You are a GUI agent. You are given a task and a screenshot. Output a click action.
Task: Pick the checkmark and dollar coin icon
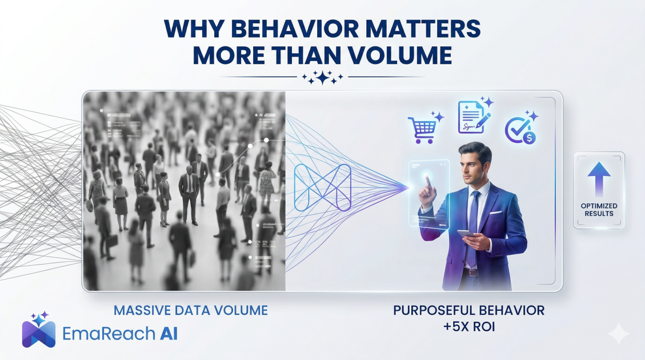click(x=519, y=130)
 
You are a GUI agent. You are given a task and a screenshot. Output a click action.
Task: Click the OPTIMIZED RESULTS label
click(x=599, y=210)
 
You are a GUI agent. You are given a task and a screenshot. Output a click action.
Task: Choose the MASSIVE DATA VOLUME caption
click(x=191, y=311)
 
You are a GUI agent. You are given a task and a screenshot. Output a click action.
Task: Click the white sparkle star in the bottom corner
click(x=618, y=333)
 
